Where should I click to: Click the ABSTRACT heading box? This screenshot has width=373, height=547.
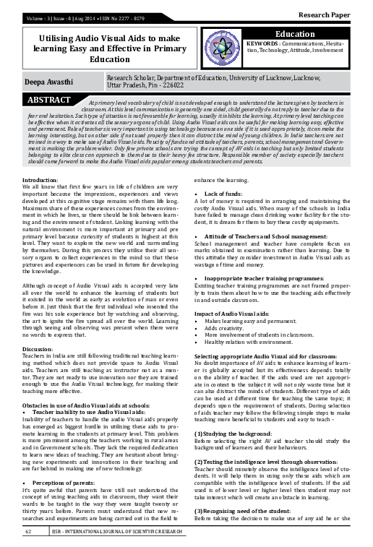click(50, 99)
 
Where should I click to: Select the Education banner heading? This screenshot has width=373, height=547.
click(319, 35)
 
